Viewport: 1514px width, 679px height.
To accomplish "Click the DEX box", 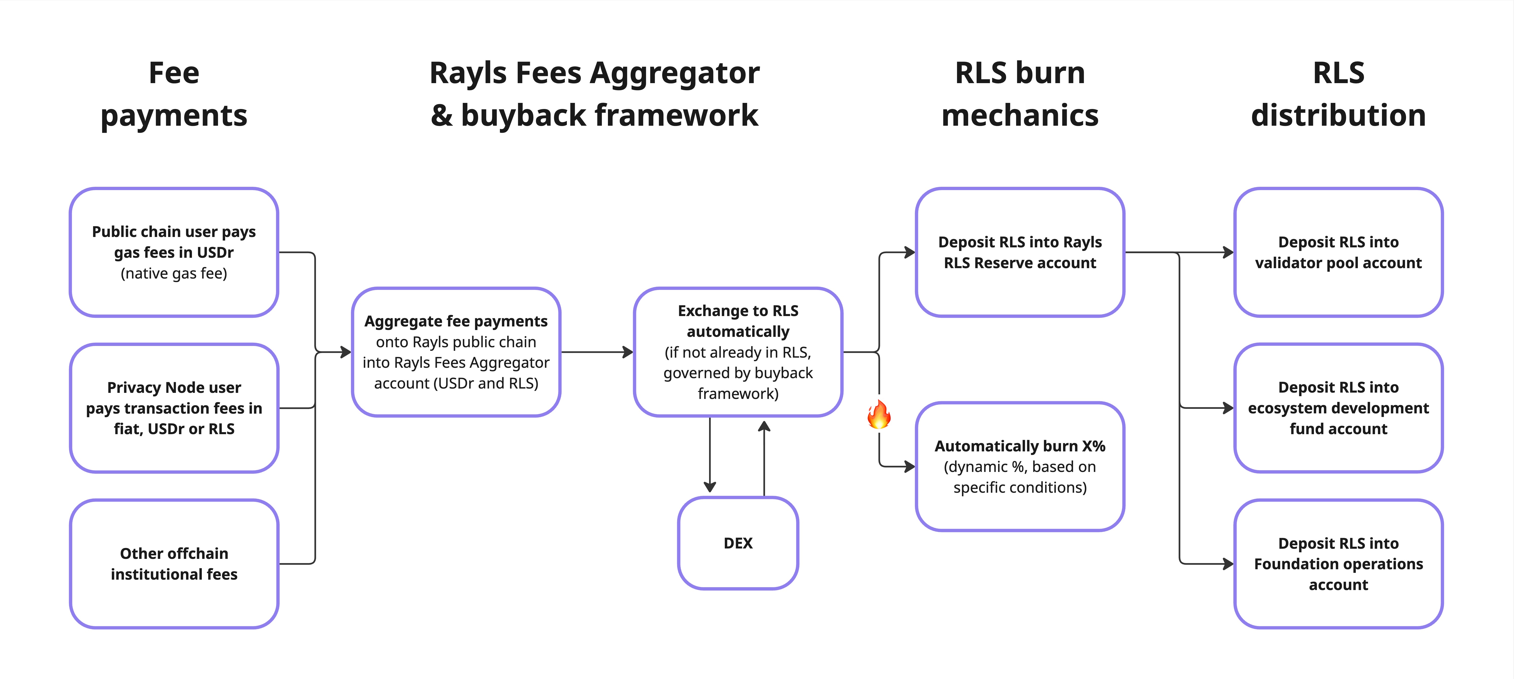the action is point(738,543).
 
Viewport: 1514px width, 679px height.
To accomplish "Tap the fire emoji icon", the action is point(879,414).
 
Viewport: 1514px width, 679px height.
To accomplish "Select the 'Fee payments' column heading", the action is point(174,94).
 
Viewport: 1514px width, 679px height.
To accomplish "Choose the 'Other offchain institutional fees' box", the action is point(174,564).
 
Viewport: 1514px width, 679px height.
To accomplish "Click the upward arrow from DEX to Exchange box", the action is point(764,458).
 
